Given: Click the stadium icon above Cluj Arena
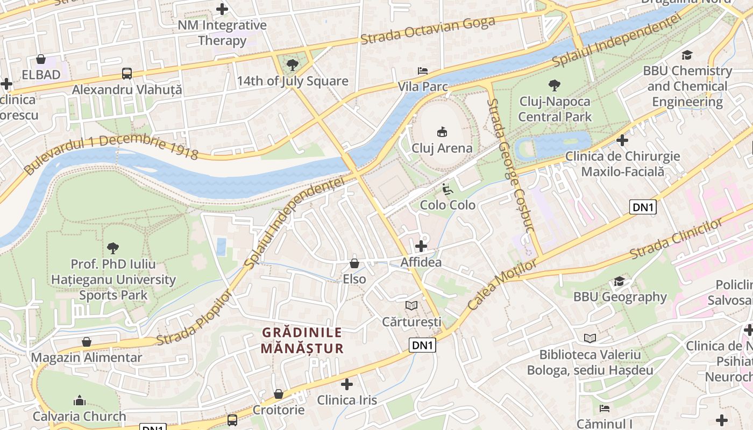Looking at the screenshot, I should (x=442, y=132).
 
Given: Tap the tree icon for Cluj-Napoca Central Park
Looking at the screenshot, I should (x=554, y=85).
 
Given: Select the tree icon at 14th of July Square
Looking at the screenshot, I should (x=293, y=65).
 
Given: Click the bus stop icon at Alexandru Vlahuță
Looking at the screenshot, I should (x=127, y=74).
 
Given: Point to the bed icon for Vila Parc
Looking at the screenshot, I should (x=423, y=71).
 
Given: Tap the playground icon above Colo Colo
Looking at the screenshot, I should (x=447, y=189).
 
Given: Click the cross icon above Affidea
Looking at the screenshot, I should (x=421, y=246).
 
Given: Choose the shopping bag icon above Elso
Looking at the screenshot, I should (x=354, y=263).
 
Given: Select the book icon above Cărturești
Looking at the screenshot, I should (x=411, y=306).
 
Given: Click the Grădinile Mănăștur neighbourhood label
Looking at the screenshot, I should (x=302, y=340).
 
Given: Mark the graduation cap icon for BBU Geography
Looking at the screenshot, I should (x=619, y=281).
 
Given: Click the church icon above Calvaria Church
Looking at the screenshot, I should (x=80, y=400).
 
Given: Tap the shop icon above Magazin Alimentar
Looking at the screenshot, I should (x=87, y=342).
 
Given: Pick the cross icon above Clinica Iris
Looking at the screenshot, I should (x=347, y=384).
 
